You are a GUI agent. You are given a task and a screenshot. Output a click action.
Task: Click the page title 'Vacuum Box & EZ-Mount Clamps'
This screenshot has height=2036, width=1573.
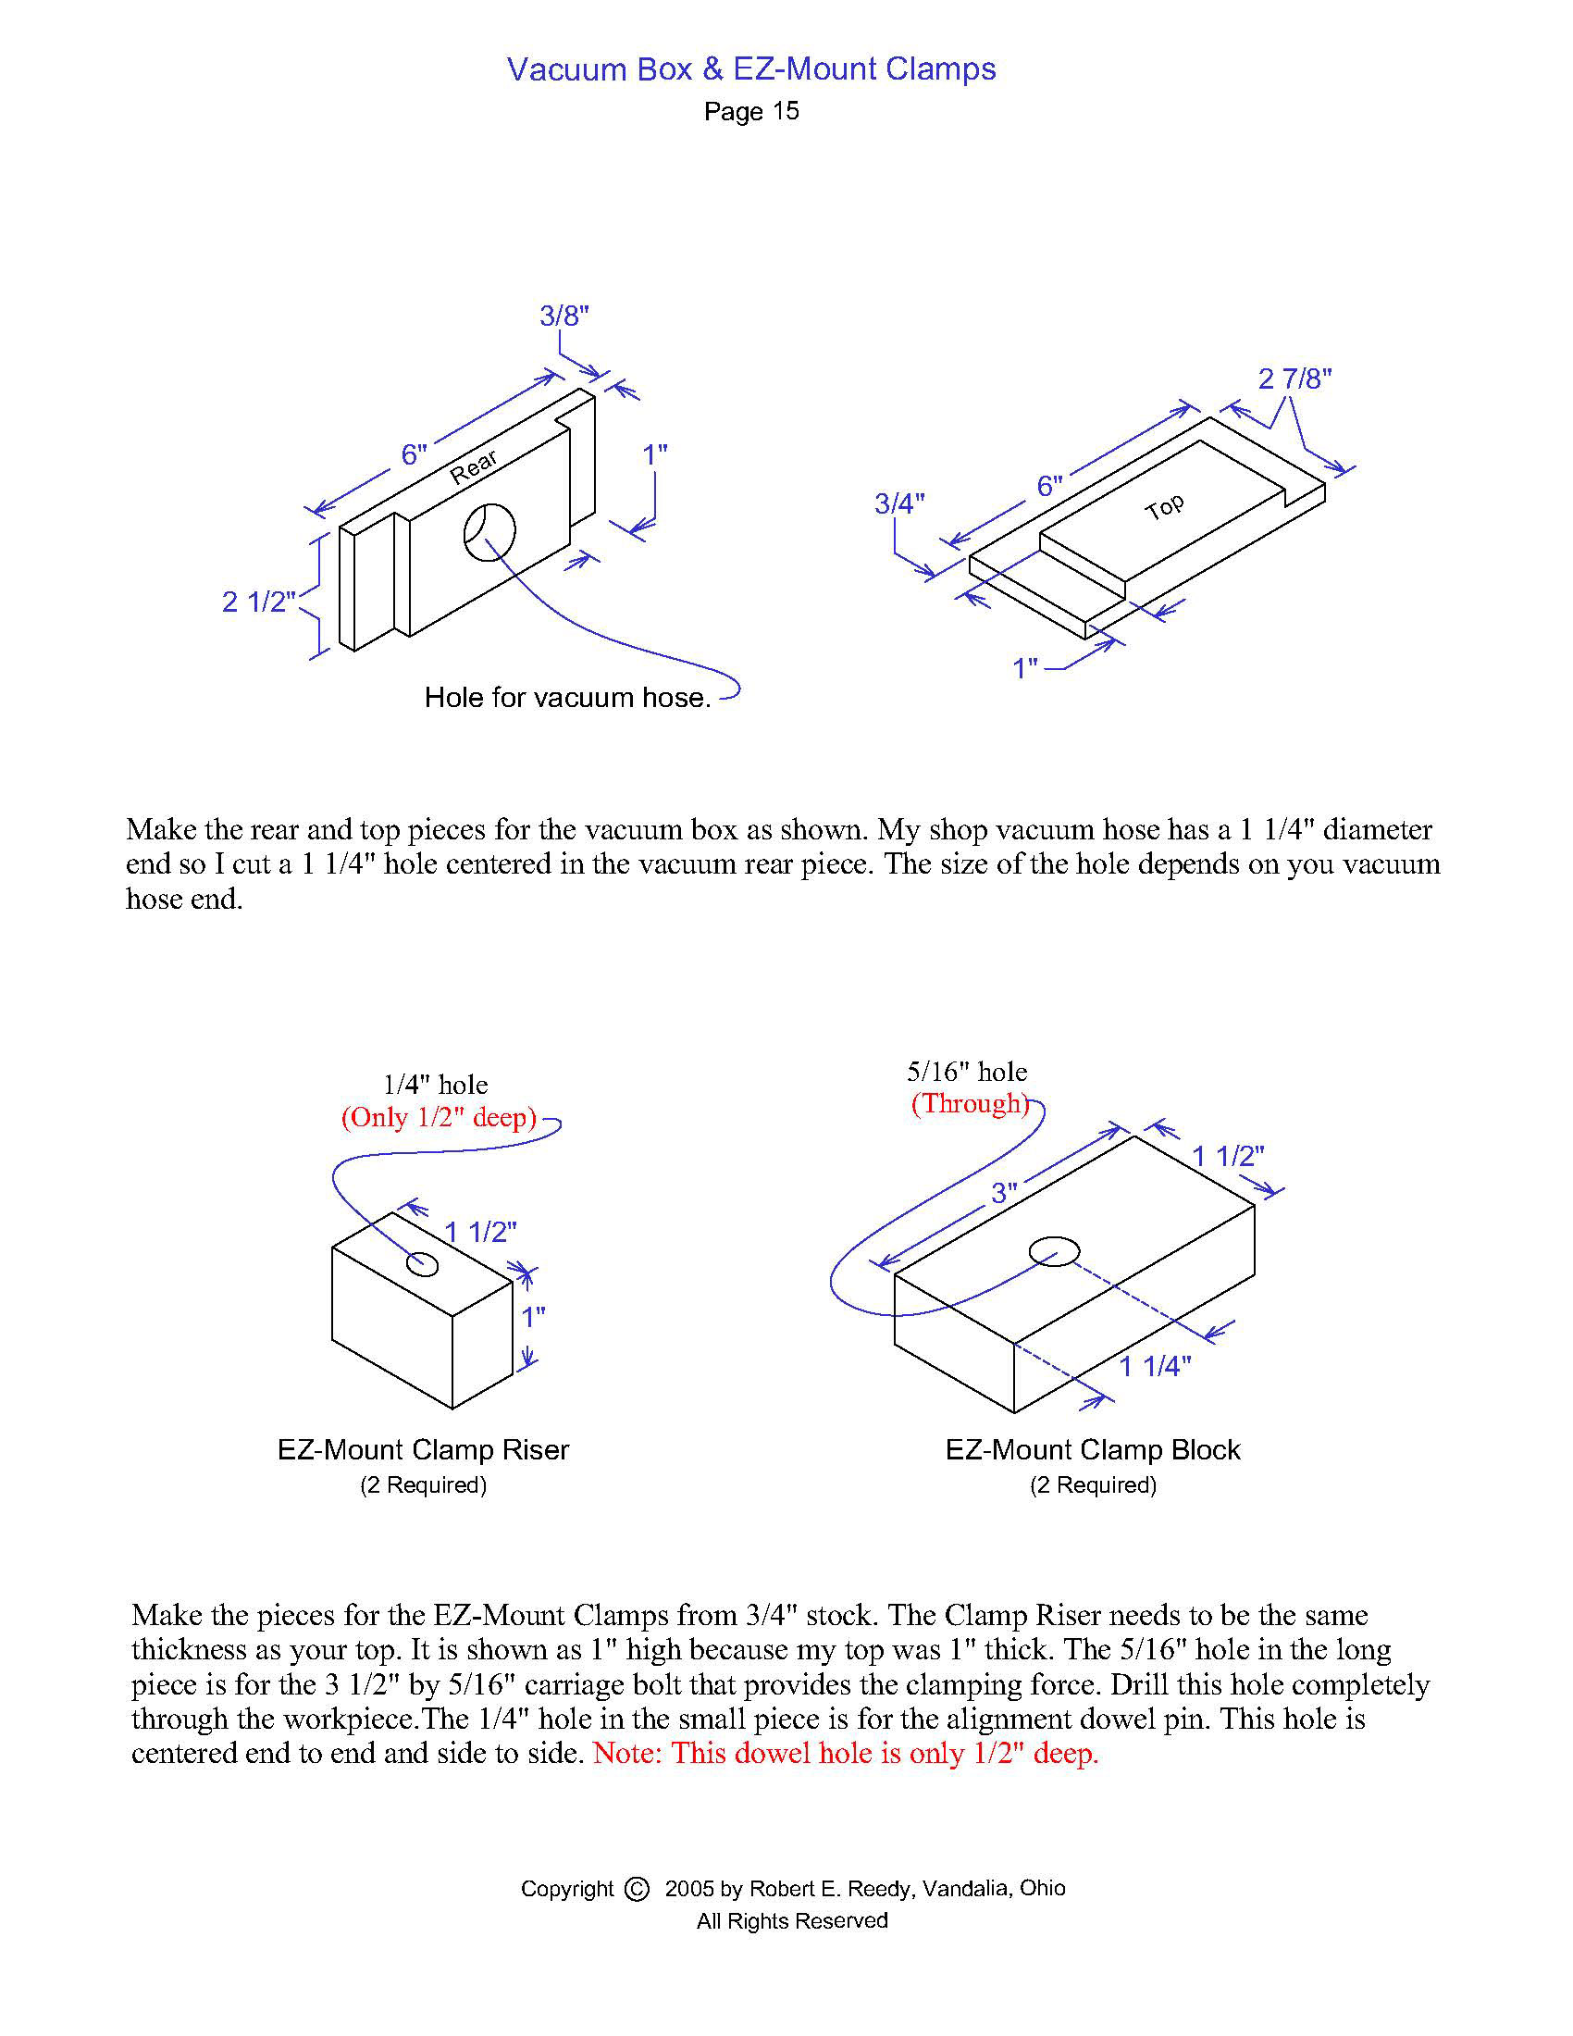[x=751, y=69]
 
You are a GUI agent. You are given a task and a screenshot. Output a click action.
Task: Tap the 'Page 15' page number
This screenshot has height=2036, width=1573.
[x=751, y=112]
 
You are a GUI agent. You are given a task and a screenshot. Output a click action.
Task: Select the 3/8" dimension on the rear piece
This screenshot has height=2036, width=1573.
[x=564, y=316]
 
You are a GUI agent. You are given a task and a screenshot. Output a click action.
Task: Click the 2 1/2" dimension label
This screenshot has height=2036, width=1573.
[x=258, y=602]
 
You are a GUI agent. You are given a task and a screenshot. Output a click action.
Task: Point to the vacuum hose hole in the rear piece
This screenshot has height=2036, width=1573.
[x=489, y=532]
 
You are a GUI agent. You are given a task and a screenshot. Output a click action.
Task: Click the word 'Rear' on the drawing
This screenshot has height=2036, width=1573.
[x=474, y=466]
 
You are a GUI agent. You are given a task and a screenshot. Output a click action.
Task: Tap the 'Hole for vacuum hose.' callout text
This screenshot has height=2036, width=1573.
[x=567, y=697]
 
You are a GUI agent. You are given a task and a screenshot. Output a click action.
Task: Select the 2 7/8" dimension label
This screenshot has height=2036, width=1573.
[x=1294, y=379]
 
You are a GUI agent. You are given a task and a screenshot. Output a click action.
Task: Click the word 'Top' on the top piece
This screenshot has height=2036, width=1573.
[x=1164, y=507]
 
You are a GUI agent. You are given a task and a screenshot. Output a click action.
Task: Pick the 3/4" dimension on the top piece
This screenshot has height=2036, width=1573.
[x=899, y=503]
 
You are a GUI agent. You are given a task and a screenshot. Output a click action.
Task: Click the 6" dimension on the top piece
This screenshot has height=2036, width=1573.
[x=1049, y=486]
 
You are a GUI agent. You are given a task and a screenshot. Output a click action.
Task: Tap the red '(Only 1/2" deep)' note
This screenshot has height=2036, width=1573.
[x=439, y=1117]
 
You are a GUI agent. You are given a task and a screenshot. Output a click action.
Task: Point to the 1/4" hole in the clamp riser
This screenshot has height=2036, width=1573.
[x=422, y=1264]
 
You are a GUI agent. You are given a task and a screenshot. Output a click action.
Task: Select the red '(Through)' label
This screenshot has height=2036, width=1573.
[x=970, y=1104]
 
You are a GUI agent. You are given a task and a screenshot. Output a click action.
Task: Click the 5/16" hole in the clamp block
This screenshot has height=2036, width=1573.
[x=1054, y=1251]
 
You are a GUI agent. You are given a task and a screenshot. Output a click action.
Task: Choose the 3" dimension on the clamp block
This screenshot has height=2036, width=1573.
[x=1004, y=1192]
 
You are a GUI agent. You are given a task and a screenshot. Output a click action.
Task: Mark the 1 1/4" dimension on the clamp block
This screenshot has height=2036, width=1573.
[x=1155, y=1367]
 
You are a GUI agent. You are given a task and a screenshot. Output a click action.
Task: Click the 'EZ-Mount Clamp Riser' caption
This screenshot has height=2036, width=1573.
[x=423, y=1449]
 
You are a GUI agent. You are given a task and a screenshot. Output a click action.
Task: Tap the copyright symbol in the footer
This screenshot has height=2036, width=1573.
[x=637, y=1889]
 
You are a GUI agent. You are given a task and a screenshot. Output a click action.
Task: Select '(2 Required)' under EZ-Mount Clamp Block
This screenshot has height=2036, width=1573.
[x=1093, y=1485]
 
